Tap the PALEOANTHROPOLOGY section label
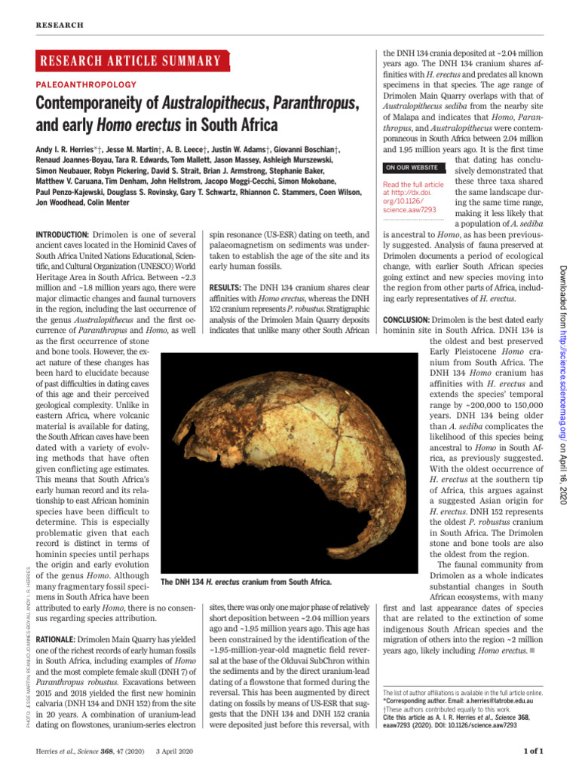point(86,86)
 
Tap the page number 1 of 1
point(534,752)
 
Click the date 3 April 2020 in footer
point(174,752)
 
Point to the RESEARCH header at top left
point(60,25)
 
